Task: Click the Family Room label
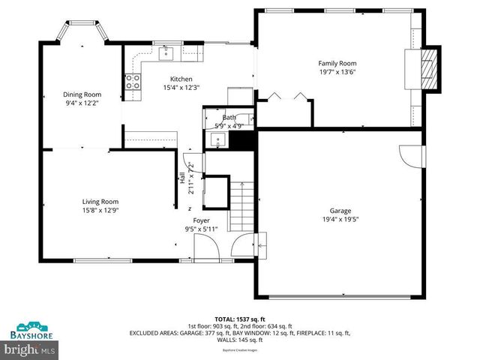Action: [x=337, y=64]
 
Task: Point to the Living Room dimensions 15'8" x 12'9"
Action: [x=100, y=211]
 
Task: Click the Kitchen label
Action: [x=181, y=79]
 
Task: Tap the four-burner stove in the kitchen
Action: [x=133, y=82]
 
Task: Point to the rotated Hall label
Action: [x=181, y=178]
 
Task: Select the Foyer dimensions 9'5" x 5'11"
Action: [x=201, y=229]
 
